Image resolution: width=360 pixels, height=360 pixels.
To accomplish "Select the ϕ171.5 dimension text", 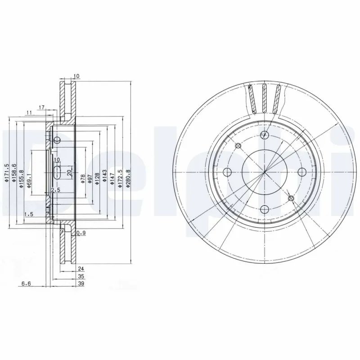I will [7, 174].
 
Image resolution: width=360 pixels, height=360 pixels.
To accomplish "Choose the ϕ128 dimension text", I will [97, 178].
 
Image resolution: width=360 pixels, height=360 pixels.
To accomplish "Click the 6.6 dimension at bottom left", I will [27, 283].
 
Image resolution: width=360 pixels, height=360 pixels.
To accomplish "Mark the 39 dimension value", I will [81, 283].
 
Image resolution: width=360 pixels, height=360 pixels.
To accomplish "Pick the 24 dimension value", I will [81, 268].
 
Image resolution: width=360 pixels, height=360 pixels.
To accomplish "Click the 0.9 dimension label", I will [81, 233].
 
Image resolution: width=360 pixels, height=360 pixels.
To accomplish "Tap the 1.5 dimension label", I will [29, 214].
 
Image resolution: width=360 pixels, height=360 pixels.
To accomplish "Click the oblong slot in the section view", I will [58, 172].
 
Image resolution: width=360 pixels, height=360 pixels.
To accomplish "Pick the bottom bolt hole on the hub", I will [265, 209].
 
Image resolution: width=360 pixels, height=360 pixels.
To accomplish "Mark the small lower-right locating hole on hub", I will [290, 198].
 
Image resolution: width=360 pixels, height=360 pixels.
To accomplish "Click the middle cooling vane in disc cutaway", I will [265, 99].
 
